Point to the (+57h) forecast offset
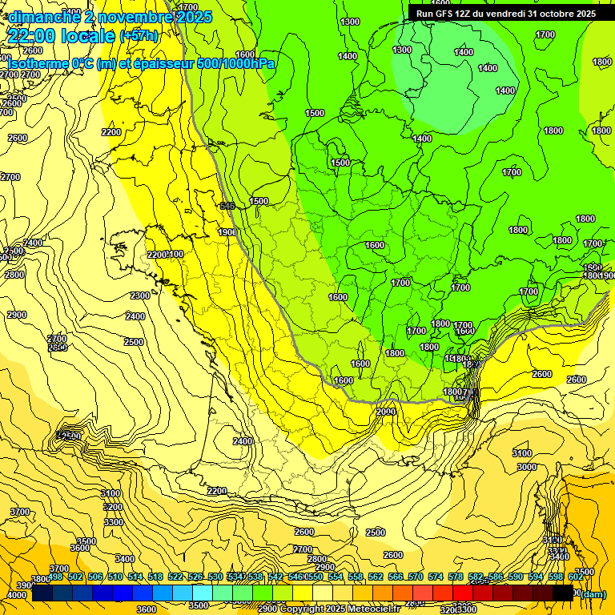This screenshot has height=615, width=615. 139,36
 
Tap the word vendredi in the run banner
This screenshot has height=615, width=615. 509,13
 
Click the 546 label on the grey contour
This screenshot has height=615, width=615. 227,206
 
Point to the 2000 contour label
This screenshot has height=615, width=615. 385,412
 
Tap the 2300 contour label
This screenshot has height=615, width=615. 140,295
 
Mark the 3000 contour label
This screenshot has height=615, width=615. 525,467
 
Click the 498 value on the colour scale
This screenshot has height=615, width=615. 55,577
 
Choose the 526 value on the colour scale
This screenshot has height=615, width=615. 195,577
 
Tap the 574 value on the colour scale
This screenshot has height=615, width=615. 436,577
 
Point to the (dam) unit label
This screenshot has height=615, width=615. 593,593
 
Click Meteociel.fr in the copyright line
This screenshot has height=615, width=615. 374,609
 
